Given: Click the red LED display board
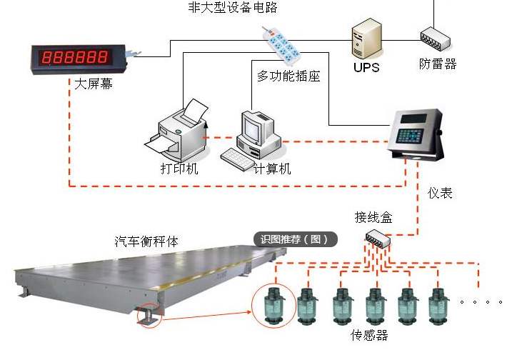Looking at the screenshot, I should point(76,56).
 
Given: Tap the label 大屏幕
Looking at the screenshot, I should point(93,85).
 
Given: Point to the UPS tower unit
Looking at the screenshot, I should point(366,40).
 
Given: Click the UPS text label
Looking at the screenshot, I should point(366,69).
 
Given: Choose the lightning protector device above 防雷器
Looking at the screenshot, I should point(433,37).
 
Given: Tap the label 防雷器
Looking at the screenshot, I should point(437,64).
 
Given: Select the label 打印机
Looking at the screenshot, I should point(179,169).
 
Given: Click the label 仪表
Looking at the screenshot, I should point(440,193).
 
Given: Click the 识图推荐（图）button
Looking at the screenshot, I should point(295,240).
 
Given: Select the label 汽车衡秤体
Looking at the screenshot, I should point(146,241).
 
